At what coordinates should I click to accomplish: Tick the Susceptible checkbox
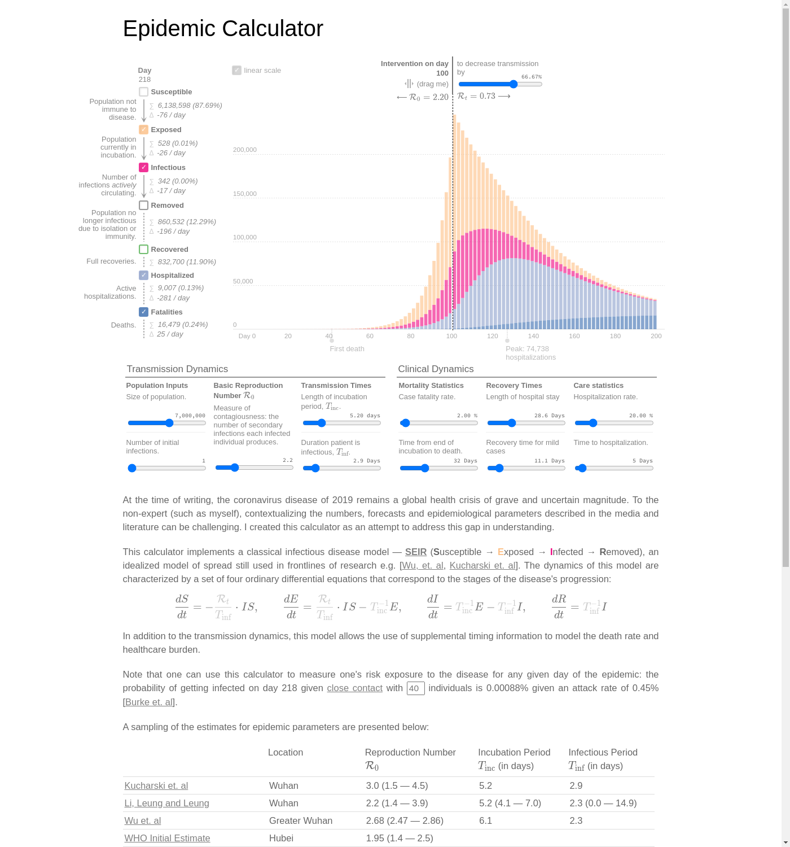(144, 92)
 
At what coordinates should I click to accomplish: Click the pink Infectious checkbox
(144, 168)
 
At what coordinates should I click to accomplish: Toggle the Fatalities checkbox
(144, 312)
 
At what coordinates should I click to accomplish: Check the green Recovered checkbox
(144, 250)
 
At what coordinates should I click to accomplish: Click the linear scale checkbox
(237, 71)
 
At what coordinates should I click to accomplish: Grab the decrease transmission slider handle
(513, 84)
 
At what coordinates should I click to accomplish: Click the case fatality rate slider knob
(405, 423)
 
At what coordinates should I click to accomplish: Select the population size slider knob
(169, 423)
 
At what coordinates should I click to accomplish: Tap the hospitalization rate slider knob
(593, 423)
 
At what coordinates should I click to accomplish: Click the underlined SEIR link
(416, 552)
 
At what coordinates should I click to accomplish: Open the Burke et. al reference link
(150, 702)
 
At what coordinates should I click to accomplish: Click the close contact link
(354, 688)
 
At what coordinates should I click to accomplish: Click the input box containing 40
(415, 688)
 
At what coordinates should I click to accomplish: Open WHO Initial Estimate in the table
(167, 839)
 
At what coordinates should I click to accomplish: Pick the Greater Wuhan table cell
(301, 821)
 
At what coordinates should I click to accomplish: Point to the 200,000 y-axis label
(245, 150)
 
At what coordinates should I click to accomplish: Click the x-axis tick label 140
(533, 336)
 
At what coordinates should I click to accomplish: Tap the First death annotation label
(347, 349)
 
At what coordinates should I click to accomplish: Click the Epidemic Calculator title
(223, 29)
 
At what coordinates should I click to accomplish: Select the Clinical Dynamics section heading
(436, 369)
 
